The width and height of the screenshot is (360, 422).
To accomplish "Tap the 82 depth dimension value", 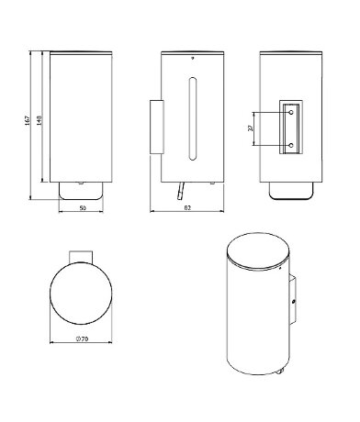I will click(x=187, y=208).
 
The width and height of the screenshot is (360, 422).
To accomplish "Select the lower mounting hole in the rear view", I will click(x=291, y=144).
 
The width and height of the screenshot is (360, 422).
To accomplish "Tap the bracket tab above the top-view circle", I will click(x=82, y=255).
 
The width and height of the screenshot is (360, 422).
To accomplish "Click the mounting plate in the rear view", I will click(x=291, y=127).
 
